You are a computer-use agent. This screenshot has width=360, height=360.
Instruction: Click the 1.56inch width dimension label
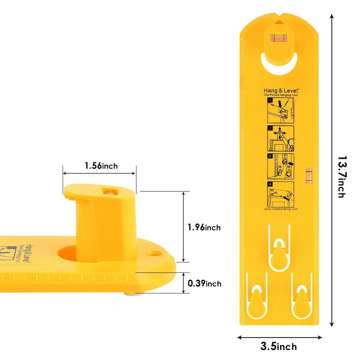(101, 166)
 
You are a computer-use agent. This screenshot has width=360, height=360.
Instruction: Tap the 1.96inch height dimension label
(204, 228)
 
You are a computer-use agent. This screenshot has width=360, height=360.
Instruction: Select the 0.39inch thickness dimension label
(204, 284)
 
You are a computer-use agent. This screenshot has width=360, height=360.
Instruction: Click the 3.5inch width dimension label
(279, 347)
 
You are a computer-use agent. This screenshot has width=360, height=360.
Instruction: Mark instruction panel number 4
(281, 194)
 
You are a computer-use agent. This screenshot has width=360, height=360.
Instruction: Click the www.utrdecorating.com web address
(281, 209)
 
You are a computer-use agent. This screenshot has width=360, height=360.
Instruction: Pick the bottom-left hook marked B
(257, 301)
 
